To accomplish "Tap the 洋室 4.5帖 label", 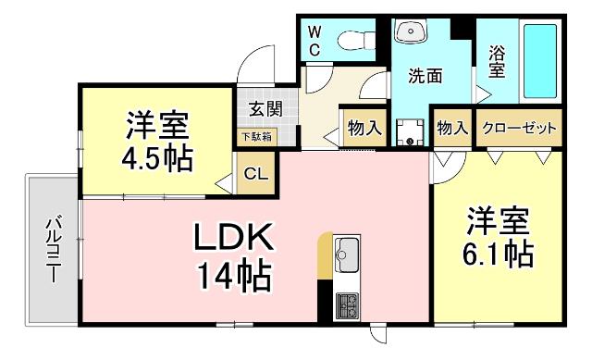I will click(157, 142).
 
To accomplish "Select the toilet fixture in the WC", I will click(353, 40).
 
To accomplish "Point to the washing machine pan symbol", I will click(409, 131).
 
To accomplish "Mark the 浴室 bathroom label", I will click(497, 61).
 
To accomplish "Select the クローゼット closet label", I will click(520, 129).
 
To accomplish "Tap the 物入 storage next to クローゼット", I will click(451, 129).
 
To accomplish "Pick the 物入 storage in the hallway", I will click(364, 129).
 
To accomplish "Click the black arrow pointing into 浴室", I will click(481, 92).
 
